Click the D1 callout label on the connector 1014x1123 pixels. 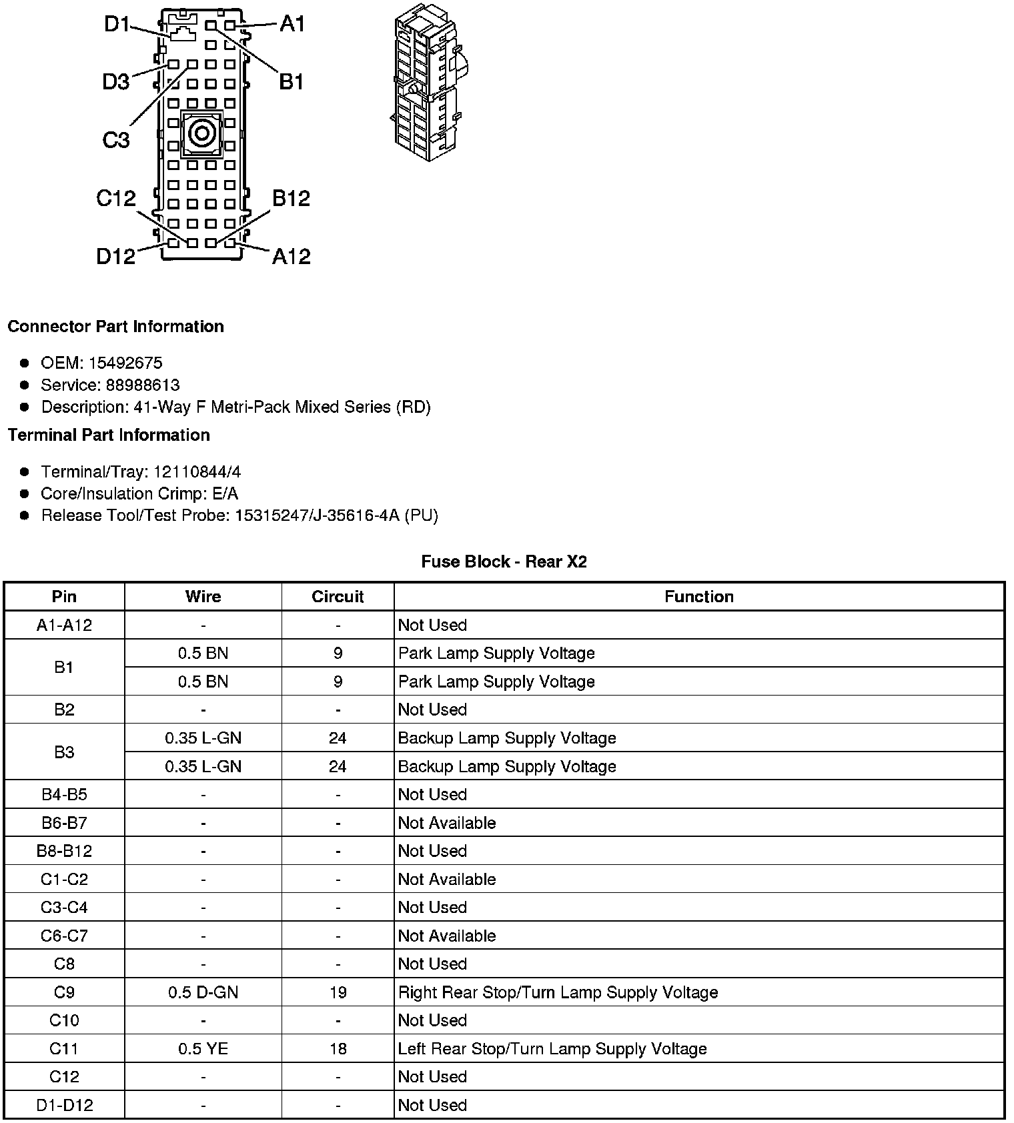click(117, 25)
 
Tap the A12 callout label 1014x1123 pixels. click(291, 256)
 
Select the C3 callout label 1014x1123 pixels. click(115, 140)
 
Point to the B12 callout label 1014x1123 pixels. click(291, 198)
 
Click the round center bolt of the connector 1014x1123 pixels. click(200, 134)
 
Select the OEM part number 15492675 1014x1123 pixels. click(125, 363)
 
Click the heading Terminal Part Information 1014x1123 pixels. click(109, 435)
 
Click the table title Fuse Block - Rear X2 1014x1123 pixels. click(504, 561)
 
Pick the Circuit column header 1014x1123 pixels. click(338, 596)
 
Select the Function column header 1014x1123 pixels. click(698, 596)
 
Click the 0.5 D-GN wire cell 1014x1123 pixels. click(203, 992)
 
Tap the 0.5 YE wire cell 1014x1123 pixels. click(203, 1048)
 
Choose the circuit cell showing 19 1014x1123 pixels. click(338, 992)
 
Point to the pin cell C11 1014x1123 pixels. click(64, 1048)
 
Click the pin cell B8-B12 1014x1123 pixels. click(64, 851)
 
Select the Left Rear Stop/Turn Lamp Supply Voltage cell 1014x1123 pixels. click(552, 1048)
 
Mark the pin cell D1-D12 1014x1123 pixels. click(64, 1105)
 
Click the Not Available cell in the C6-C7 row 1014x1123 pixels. click(446, 936)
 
